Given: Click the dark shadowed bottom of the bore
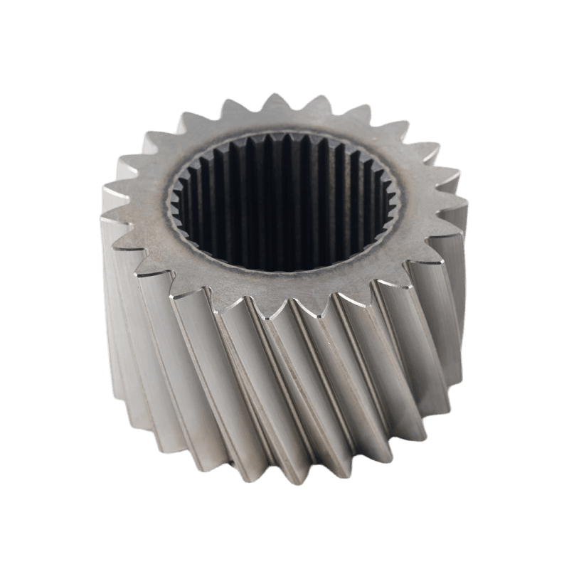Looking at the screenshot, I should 284,242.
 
